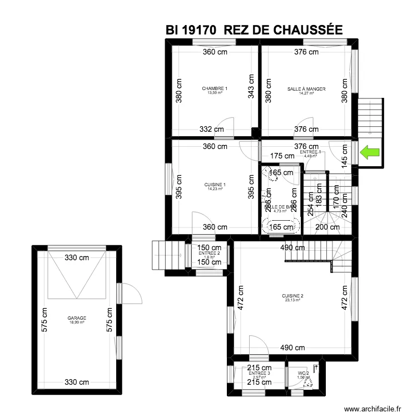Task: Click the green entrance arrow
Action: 369,151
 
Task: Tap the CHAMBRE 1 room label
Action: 215,89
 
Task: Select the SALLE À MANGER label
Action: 306,89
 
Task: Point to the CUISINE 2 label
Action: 292,296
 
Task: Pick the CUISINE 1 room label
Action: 215,185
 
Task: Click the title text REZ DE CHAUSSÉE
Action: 283,30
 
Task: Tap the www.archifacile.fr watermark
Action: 373,408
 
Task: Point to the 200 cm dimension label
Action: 327,227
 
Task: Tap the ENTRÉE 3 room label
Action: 259,374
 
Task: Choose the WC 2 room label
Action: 303,374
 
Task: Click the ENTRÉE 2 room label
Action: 209,254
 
